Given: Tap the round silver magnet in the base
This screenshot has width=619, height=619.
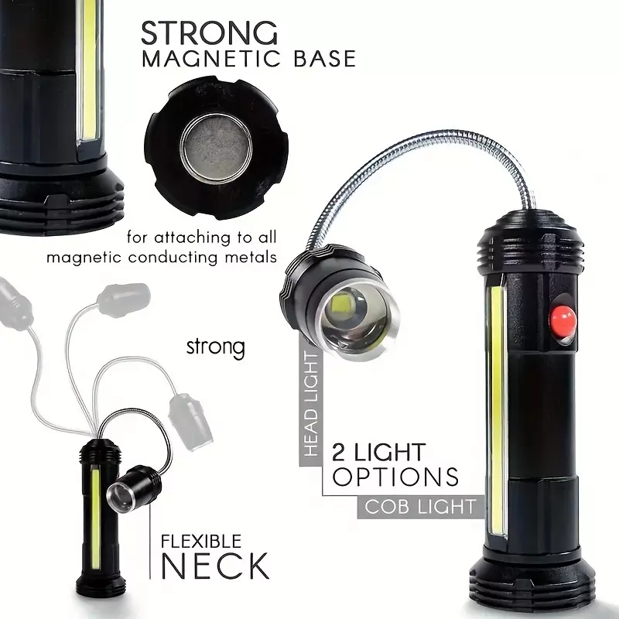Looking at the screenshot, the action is pos(217,149).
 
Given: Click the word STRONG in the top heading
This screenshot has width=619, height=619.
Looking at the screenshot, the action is pos(209,33).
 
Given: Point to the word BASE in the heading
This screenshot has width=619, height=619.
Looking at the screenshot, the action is pos(324,59).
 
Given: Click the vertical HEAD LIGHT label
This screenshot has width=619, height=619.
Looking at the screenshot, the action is pos(312,404).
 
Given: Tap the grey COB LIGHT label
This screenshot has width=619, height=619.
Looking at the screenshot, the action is pos(420,507).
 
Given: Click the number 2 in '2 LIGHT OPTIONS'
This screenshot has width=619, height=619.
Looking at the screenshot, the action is pos(339,453).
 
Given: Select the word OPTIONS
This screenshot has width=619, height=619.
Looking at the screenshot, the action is pos(395,477).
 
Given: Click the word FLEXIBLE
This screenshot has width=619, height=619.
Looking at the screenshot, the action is pos(201,541).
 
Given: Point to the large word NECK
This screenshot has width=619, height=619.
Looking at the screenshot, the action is pos(215,566).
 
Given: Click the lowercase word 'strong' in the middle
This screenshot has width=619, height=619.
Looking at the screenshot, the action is pos(216,347).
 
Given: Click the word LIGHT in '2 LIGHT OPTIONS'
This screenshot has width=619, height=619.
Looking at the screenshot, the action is pos(390,453).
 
